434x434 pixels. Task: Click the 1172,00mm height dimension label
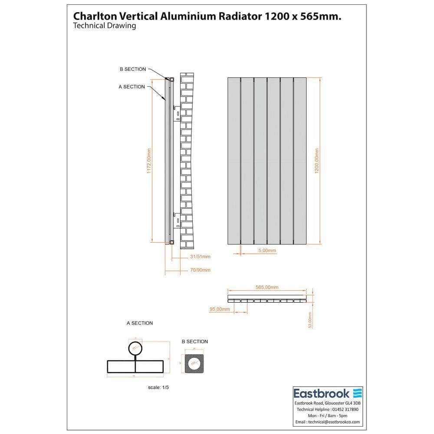pyautogui.click(x=149, y=161)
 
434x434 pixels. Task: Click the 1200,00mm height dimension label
pyautogui.click(x=317, y=161)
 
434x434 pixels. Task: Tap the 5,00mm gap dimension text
pyautogui.click(x=266, y=251)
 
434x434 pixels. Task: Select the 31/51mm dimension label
pyautogui.click(x=200, y=256)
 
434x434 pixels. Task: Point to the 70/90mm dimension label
pyautogui.click(x=200, y=270)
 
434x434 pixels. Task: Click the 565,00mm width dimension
pyautogui.click(x=267, y=287)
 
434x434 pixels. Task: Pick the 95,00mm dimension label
pyautogui.click(x=220, y=309)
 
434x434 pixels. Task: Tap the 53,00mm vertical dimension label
pyautogui.click(x=310, y=320)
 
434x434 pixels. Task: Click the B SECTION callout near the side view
pyautogui.click(x=133, y=69)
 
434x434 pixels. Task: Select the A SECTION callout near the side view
pyautogui.click(x=132, y=87)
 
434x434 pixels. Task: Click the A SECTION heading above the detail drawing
pyautogui.click(x=140, y=323)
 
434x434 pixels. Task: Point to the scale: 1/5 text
pyautogui.click(x=158, y=387)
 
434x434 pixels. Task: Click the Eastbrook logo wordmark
pyautogui.click(x=322, y=394)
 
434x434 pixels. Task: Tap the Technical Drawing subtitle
pyautogui.click(x=105, y=26)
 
